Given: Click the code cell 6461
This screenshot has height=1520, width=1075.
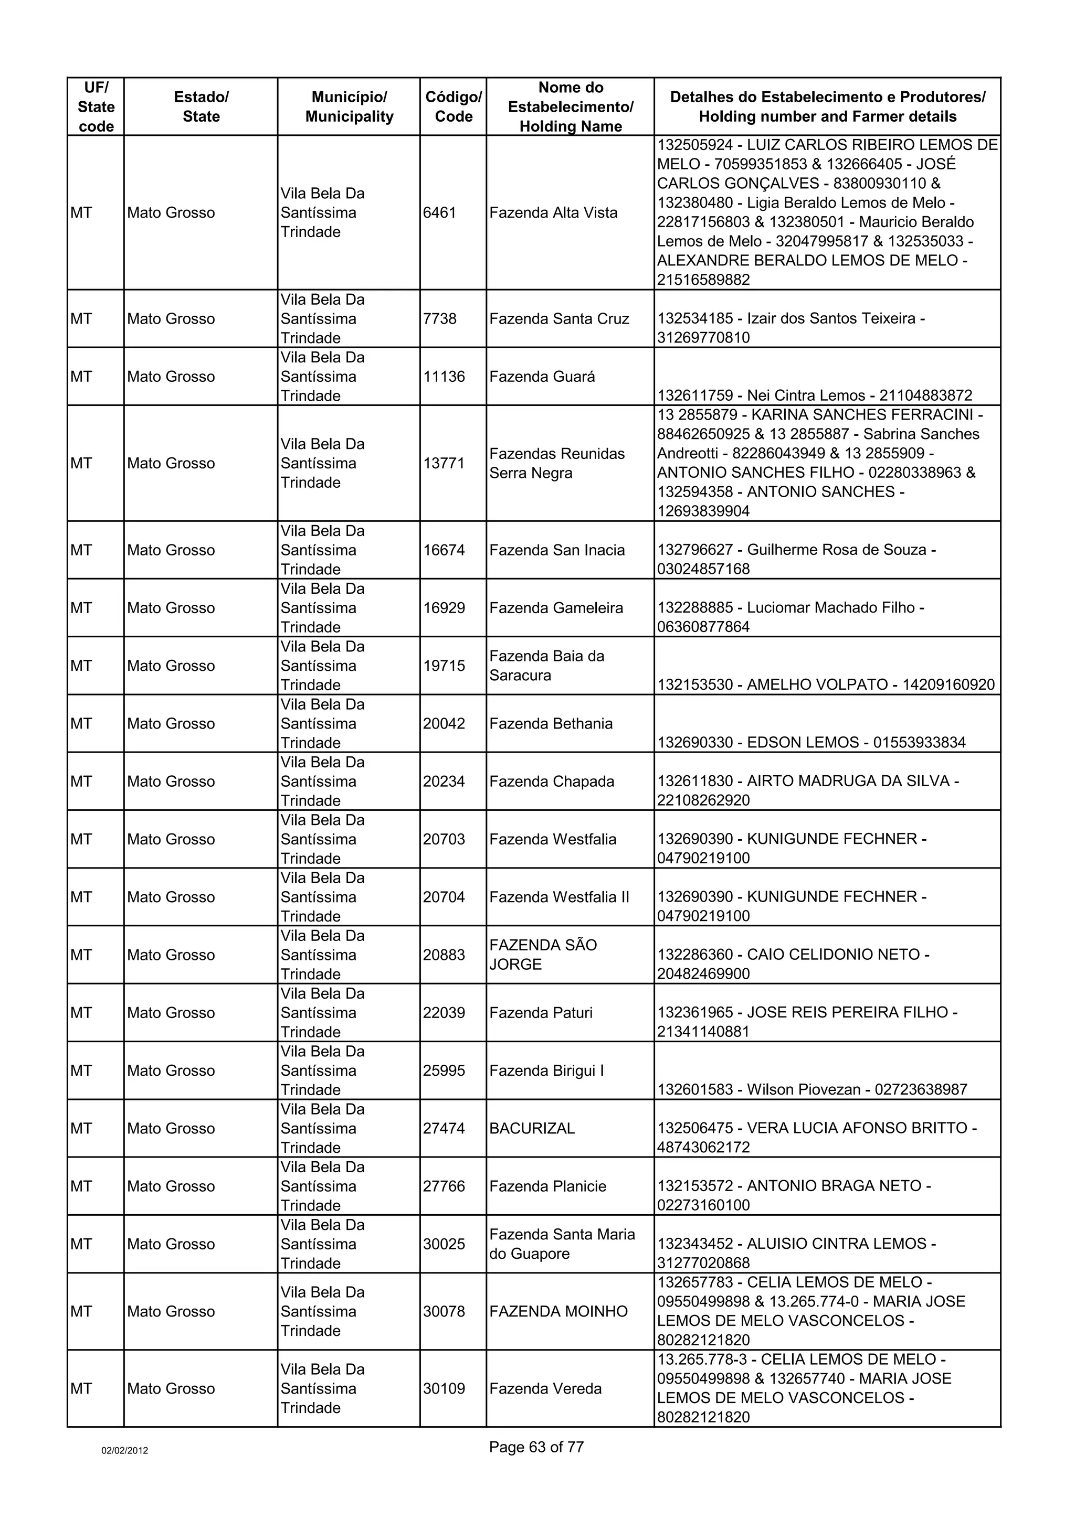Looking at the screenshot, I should pos(440,213).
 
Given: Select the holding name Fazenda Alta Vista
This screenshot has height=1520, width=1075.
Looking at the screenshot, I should pos(553,213).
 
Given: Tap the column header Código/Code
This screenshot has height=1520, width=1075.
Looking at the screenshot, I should pos(453,106).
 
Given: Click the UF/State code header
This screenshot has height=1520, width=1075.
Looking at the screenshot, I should pos(96,106).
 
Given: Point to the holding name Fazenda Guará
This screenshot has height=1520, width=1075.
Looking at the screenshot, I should pos(542,377).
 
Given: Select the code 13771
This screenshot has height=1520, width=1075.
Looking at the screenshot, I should pos(444,464).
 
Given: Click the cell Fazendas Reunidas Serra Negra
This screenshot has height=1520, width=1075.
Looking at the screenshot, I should pos(556,464).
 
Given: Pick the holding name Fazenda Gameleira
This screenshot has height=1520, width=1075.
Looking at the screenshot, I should pos(556,608).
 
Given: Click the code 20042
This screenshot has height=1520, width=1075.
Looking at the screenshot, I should pos(444,724).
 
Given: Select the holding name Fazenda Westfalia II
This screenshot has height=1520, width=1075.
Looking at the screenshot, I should pos(559,897).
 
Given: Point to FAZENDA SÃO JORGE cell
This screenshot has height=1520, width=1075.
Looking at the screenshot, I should pos(543,955).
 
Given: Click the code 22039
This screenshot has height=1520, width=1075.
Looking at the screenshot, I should pos(444,1013).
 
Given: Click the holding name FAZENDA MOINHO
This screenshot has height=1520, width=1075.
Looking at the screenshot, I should pos(558,1311).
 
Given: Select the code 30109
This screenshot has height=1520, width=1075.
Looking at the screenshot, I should pos(444,1389).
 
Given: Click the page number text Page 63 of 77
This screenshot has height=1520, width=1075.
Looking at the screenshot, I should pos(536,1447).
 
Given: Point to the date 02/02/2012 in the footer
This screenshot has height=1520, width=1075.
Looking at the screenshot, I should pos(124,1450).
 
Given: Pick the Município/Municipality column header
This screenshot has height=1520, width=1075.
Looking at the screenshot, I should pos(349,106).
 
